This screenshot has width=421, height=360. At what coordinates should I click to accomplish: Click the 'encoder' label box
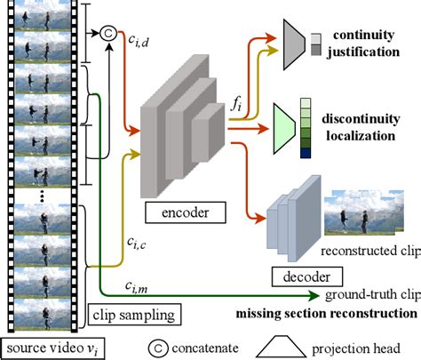pyautogui.click(x=180, y=212)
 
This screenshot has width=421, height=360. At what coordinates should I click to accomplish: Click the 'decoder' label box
pyautogui.click(x=290, y=277)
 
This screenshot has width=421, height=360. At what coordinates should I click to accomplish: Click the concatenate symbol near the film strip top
pyautogui.click(x=108, y=35)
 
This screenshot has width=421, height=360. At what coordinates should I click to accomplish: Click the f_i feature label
pyautogui.click(x=237, y=102)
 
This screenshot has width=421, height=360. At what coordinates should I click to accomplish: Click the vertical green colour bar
pyautogui.click(x=306, y=127)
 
